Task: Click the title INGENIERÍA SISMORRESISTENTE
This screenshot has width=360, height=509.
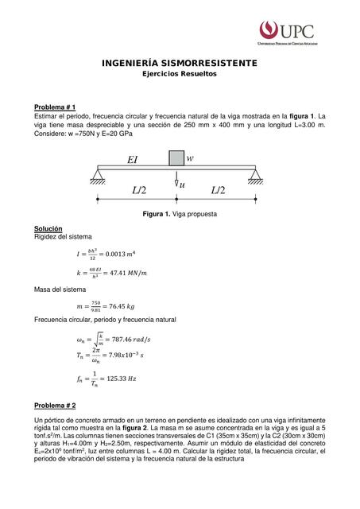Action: click(x=179, y=63)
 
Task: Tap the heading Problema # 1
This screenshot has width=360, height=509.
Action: click(x=54, y=106)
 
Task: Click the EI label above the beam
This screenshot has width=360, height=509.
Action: click(x=132, y=160)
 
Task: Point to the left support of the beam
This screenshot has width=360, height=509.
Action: click(x=98, y=175)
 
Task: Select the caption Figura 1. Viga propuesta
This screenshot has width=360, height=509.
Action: click(x=179, y=215)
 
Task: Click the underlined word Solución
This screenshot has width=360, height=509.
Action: click(x=48, y=228)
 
